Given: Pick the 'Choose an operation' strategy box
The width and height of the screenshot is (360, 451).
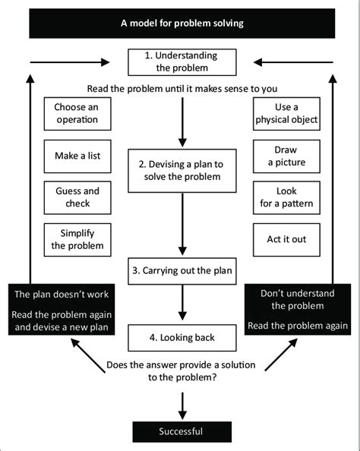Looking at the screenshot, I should (x=76, y=114).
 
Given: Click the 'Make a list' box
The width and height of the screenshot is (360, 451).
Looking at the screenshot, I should (x=76, y=156).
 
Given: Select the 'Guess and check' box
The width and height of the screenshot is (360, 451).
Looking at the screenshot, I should (x=76, y=197).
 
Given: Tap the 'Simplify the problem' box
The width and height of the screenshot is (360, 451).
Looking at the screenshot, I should (x=76, y=239).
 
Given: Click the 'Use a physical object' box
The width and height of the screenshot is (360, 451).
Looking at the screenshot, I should (x=286, y=114).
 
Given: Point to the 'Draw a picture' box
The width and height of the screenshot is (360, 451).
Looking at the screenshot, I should (x=286, y=156).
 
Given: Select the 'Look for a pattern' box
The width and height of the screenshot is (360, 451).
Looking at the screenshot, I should (x=286, y=197).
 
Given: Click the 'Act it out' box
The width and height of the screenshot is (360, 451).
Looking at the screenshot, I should (x=286, y=238).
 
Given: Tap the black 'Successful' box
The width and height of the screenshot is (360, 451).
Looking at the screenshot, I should (x=181, y=432).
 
